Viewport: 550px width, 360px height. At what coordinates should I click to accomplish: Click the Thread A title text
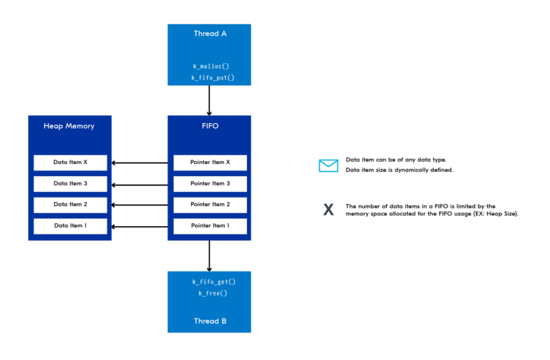point(209,34)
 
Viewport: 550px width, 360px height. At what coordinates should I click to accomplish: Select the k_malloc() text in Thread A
point(210,67)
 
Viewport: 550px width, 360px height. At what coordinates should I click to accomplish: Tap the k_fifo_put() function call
point(210,77)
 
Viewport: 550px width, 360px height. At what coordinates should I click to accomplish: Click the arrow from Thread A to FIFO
point(209,100)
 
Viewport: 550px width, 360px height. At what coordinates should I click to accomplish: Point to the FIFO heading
point(209,126)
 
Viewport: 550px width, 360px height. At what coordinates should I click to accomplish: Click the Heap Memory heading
point(69,126)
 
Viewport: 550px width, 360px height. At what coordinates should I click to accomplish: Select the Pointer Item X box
point(210,162)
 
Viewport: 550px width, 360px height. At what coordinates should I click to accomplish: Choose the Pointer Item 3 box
point(210,184)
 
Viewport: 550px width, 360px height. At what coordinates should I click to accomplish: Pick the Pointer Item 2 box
point(210,205)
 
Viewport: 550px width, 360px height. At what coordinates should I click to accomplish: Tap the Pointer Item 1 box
point(210,226)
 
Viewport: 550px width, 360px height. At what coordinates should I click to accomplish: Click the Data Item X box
point(70,162)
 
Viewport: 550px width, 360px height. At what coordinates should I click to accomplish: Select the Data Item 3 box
point(70,184)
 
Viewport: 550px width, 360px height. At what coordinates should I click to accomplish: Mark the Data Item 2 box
point(70,205)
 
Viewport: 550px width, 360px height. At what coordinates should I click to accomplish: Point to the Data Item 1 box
point(70,226)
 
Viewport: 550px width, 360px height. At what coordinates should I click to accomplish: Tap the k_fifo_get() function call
point(210,283)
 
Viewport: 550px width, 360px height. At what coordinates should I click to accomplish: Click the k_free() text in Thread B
point(210,294)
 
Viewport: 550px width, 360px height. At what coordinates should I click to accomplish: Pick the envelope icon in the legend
point(328,165)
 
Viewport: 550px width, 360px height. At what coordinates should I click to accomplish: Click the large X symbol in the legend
point(328,210)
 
